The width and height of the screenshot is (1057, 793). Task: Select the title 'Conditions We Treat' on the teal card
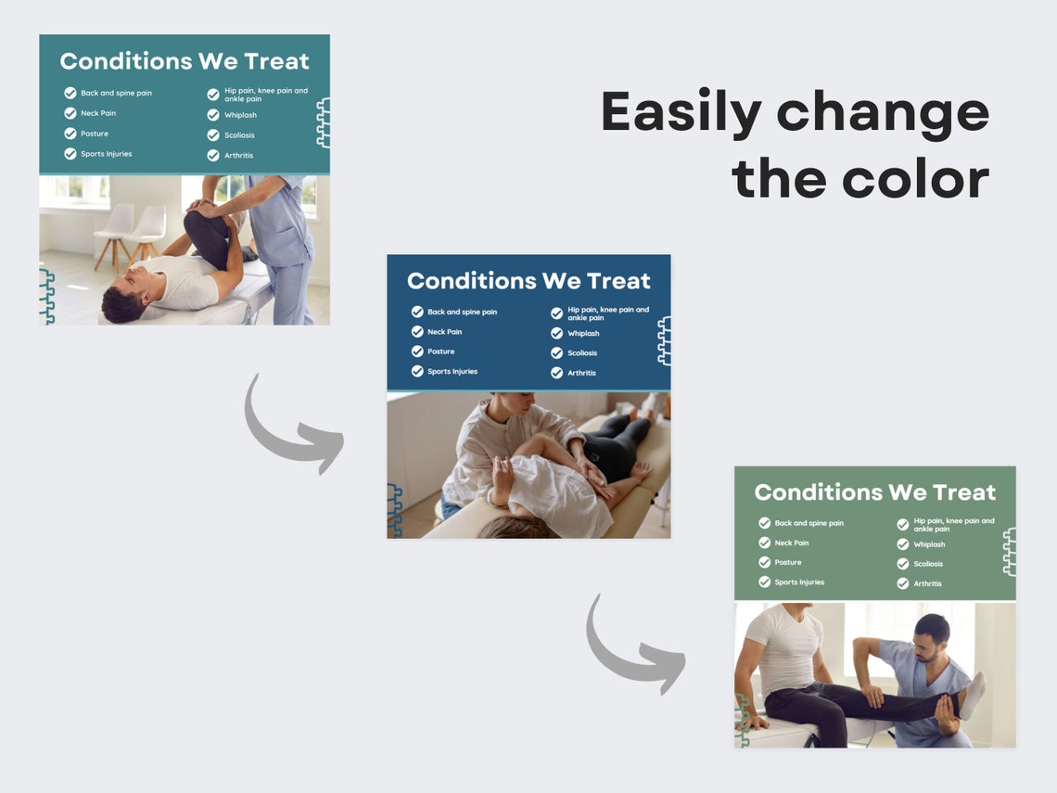[x=185, y=62]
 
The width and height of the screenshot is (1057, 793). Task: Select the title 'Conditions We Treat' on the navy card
[x=528, y=281]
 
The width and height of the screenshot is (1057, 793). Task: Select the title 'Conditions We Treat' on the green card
[x=874, y=492]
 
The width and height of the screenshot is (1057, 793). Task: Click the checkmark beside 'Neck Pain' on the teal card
[x=70, y=113]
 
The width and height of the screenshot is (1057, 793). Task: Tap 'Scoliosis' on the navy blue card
[x=582, y=353]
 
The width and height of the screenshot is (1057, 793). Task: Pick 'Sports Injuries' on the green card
[x=799, y=582]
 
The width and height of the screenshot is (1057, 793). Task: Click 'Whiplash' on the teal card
[x=240, y=116]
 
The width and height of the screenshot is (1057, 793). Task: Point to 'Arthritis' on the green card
[x=927, y=584]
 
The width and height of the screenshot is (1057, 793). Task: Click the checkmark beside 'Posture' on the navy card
[x=417, y=352]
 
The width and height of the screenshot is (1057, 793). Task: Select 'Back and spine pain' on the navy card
[x=462, y=313]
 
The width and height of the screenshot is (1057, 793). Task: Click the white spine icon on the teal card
[x=323, y=123]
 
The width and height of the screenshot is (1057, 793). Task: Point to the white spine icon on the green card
[x=1009, y=552]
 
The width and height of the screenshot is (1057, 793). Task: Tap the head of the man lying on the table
[x=123, y=303]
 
